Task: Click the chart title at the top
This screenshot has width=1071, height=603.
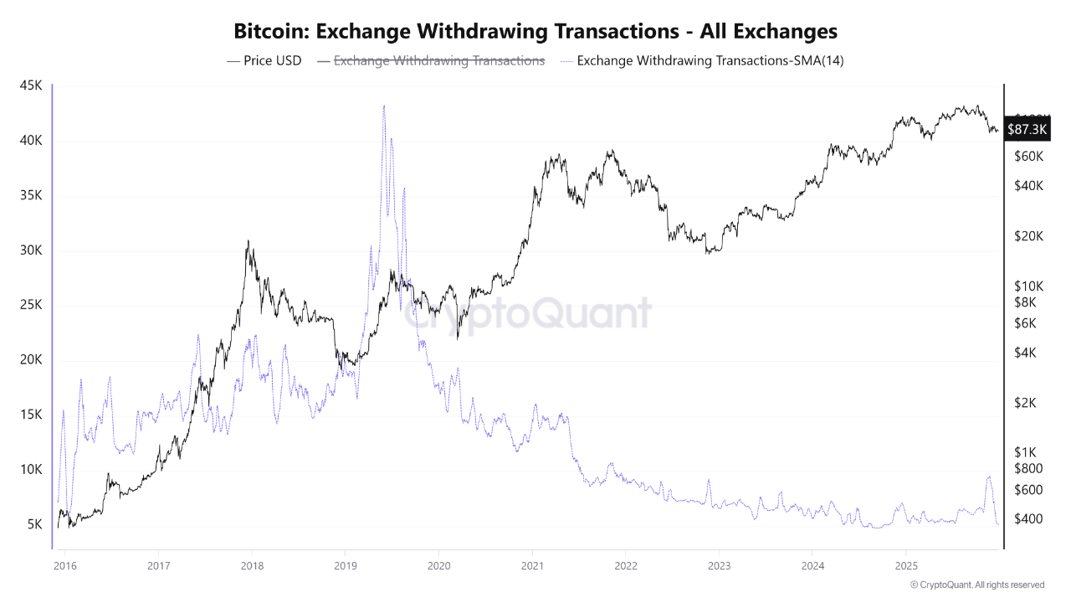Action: (x=535, y=31)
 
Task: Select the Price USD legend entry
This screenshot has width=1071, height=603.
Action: (x=264, y=61)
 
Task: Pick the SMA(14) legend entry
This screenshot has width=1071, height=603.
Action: (x=707, y=61)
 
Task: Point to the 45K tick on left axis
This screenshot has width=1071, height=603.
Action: (x=31, y=86)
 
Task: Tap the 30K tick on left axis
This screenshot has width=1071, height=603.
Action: (x=31, y=250)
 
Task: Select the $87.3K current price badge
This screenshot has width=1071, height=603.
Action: (x=1027, y=129)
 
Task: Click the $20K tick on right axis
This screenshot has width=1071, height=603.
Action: (x=1027, y=236)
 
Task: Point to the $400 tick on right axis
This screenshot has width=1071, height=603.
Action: (x=1027, y=519)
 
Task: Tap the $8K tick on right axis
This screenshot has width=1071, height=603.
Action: (x=1025, y=302)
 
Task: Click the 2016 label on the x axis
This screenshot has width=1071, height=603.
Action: (x=64, y=567)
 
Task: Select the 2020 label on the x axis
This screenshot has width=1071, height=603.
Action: (x=438, y=567)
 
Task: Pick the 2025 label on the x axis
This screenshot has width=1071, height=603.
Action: (x=905, y=567)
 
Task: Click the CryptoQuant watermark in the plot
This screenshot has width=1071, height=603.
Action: (x=528, y=313)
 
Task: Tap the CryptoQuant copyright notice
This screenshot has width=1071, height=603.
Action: (x=976, y=585)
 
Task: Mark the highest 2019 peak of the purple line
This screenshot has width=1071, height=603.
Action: (x=383, y=106)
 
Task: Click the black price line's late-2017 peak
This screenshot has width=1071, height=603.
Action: (x=248, y=241)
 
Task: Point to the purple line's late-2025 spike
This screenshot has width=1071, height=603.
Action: (x=989, y=477)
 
